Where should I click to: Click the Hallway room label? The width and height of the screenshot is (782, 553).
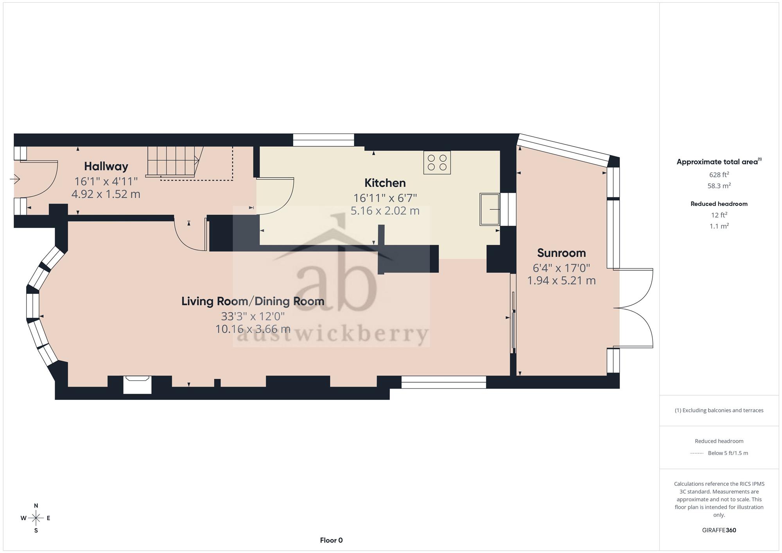(x=106, y=166)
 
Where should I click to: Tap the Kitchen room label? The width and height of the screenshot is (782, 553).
(x=385, y=183)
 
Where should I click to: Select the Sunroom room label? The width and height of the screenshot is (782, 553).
(x=561, y=253)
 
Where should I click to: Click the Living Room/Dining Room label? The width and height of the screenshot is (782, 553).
(x=253, y=301)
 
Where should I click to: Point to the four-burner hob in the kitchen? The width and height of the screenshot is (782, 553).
(x=437, y=163)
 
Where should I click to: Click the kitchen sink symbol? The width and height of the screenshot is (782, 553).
(x=490, y=209)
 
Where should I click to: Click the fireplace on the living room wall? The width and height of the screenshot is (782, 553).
(x=137, y=385)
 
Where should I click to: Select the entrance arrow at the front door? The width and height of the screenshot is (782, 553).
(x=15, y=179)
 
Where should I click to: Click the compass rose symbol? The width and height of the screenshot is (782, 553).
(x=36, y=518)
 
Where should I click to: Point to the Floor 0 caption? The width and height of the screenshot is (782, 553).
(x=331, y=540)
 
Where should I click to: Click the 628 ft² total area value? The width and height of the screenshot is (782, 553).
(x=719, y=175)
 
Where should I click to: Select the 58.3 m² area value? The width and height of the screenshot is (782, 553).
(x=719, y=186)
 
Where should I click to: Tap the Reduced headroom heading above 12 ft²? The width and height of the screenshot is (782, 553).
(x=719, y=204)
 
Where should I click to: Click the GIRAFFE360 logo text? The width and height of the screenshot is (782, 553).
(x=719, y=530)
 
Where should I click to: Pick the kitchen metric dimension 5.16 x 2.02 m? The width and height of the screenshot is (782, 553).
(x=385, y=211)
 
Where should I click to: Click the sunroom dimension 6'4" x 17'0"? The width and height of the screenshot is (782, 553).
(x=561, y=268)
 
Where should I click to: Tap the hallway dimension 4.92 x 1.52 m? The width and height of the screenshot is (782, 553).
(x=106, y=194)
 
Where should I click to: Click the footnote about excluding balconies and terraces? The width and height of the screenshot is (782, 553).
(x=719, y=410)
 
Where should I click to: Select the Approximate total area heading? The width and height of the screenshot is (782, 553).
(x=719, y=162)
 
